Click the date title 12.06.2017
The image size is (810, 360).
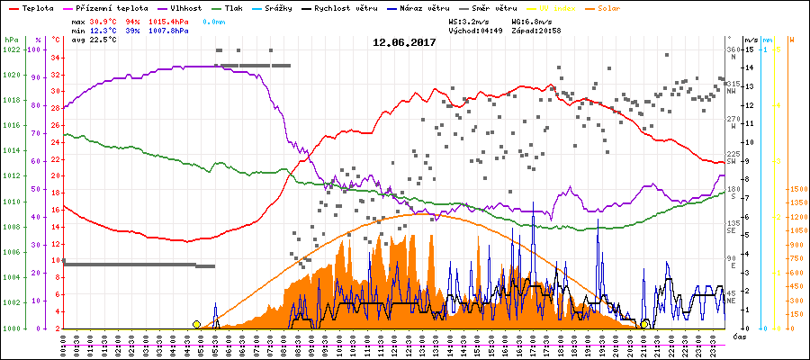tap(404, 42)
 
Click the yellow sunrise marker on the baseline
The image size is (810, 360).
tap(196, 324)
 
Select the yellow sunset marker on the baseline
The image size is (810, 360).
tap(645, 324)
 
